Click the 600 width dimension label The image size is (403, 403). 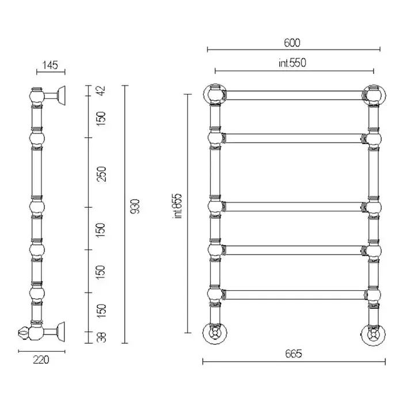292,43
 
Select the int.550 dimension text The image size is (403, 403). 292,63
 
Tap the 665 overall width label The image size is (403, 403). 294,354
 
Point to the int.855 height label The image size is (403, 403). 177,206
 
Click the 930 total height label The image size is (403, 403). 135,206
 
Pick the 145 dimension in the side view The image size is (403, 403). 50,65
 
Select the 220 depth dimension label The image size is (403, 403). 41,360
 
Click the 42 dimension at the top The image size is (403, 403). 101,90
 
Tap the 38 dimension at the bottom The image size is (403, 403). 102,337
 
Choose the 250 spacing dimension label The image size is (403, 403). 101,174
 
